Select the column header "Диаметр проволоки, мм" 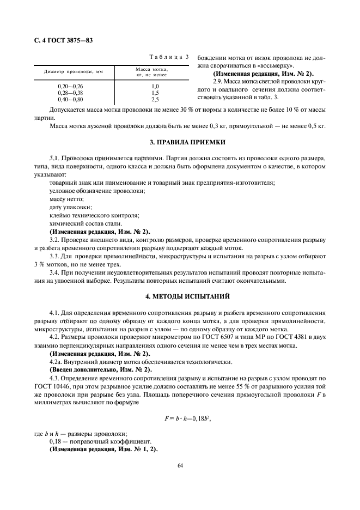[74, 71]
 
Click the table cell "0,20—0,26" [70, 86]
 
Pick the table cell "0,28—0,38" [70, 93]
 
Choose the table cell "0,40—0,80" [70, 99]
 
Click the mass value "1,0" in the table [155, 86]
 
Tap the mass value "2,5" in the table [155, 99]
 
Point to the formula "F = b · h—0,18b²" [180, 418]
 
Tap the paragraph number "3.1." [54, 157]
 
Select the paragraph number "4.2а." [57, 362]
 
